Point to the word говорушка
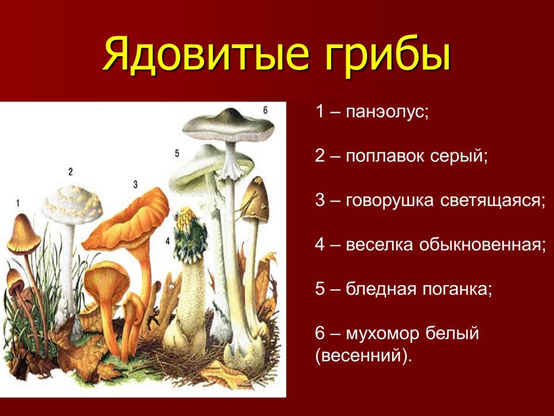(389, 200)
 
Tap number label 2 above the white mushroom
(71, 172)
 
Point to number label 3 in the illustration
(135, 184)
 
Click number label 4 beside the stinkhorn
(167, 242)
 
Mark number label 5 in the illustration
(177, 153)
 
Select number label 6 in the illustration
(265, 110)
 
